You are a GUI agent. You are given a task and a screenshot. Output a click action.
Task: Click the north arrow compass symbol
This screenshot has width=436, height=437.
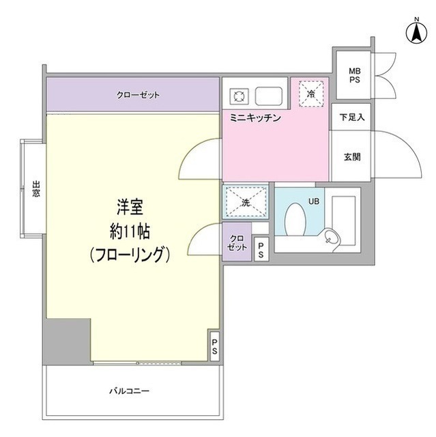click(416, 33)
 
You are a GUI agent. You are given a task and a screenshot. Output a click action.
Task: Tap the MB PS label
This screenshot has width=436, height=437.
click(354, 75)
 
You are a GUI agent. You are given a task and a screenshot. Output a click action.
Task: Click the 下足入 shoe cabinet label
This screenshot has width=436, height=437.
click(352, 117)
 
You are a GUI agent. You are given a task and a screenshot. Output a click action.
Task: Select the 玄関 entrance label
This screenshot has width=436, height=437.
click(352, 157)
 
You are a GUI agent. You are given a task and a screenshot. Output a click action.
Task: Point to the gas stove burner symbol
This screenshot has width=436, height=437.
click(239, 96)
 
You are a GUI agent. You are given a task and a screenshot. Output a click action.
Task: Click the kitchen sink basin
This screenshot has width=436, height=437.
click(269, 96)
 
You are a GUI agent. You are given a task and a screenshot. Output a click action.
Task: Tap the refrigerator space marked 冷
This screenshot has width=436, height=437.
click(311, 94)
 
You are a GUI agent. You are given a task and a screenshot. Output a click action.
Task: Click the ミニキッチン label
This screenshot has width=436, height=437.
click(255, 118)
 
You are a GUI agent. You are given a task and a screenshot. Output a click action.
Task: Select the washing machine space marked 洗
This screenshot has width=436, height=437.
click(246, 202)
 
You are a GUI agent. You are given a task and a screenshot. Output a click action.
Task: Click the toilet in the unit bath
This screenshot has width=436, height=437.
click(295, 219)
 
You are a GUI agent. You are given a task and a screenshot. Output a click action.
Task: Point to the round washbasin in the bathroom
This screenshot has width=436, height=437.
click(331, 239)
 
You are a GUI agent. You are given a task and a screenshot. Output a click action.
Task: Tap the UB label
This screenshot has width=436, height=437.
click(313, 201)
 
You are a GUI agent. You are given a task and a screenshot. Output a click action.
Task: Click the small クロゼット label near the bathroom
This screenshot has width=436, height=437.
click(237, 242)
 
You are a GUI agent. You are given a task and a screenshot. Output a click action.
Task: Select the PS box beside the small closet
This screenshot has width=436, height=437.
click(261, 249)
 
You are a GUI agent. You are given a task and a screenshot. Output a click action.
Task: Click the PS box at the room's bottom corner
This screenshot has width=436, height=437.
click(214, 346)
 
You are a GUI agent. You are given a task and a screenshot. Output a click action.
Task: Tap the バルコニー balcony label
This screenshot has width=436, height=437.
click(129, 391)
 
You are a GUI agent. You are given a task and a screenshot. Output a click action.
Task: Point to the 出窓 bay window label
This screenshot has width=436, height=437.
click(36, 189)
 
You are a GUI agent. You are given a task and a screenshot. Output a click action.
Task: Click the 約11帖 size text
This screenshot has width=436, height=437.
click(130, 231)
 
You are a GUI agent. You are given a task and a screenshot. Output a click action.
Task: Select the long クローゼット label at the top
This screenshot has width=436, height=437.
click(138, 96)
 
